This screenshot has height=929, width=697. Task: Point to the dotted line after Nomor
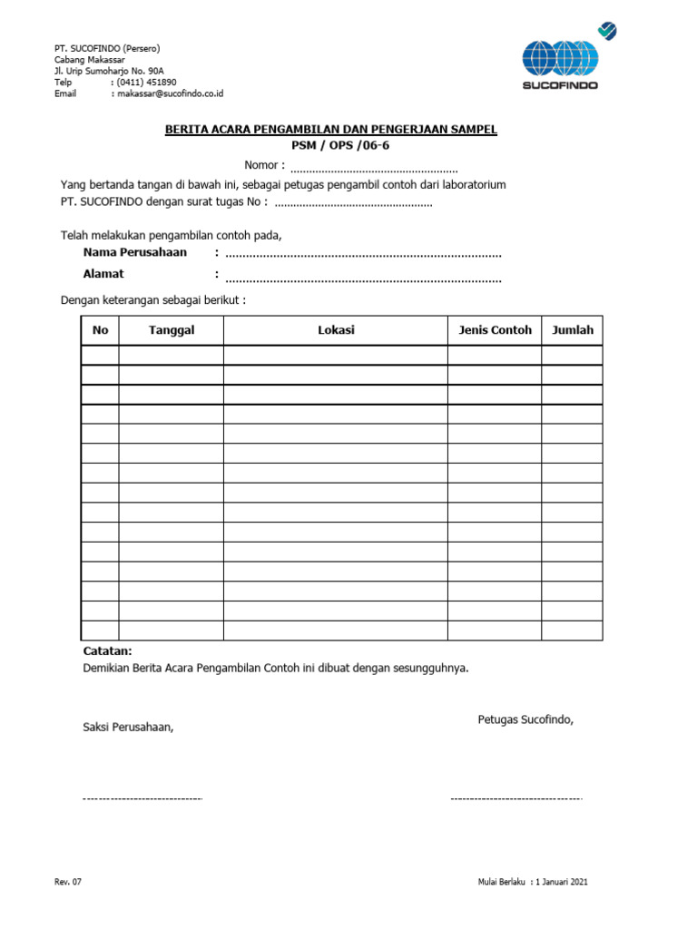[x=374, y=169]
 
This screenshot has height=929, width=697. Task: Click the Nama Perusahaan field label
[x=135, y=252]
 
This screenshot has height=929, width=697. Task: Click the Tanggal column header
[x=172, y=330]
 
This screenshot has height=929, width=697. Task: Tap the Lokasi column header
[x=336, y=330]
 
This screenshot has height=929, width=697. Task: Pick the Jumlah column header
[x=573, y=330]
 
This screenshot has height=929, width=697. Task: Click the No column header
[x=100, y=330]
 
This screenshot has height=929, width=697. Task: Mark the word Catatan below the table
[x=107, y=651]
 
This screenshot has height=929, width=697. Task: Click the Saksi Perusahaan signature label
[x=128, y=727]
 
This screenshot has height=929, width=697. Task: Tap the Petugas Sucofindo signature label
[x=525, y=719]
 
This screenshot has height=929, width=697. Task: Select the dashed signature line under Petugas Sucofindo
[x=515, y=798]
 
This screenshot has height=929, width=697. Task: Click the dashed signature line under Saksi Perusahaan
[x=142, y=798]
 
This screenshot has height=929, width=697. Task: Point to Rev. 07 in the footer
[x=69, y=882]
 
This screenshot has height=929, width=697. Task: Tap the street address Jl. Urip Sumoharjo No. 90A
[x=109, y=70]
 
